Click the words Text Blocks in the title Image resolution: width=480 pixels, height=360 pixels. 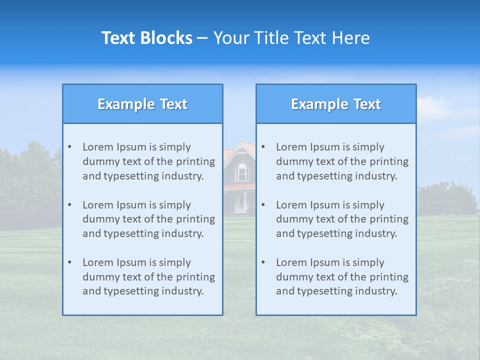pos(146,38)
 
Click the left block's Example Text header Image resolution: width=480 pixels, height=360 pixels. pos(142,104)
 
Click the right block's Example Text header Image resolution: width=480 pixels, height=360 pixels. pos(336,104)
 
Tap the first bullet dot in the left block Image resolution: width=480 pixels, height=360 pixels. pos(69,147)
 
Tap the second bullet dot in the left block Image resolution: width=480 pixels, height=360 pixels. pos(69,205)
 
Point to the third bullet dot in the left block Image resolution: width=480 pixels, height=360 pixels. pos(69,262)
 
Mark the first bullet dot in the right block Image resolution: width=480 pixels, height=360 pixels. pos(263,147)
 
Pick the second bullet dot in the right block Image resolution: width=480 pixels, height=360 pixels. pos(263,205)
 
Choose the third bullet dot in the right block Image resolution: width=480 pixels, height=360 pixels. pos(263,262)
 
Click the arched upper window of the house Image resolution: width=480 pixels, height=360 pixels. pos(242,171)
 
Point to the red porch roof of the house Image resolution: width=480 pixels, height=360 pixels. pos(239,186)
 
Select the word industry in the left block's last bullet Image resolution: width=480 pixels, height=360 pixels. pos(184,291)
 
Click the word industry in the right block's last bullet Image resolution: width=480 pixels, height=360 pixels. pos(377,291)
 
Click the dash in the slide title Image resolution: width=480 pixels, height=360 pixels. pos(202,38)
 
